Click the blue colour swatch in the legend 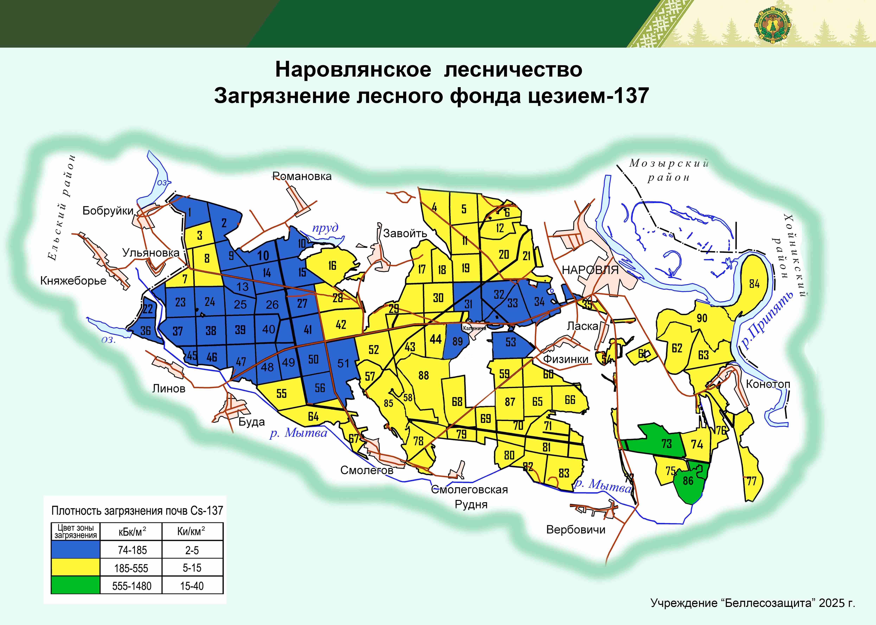75,550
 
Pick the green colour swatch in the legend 75,585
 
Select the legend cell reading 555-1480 132,586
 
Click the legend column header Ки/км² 191,532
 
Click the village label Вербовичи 576,530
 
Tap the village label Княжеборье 73,281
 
